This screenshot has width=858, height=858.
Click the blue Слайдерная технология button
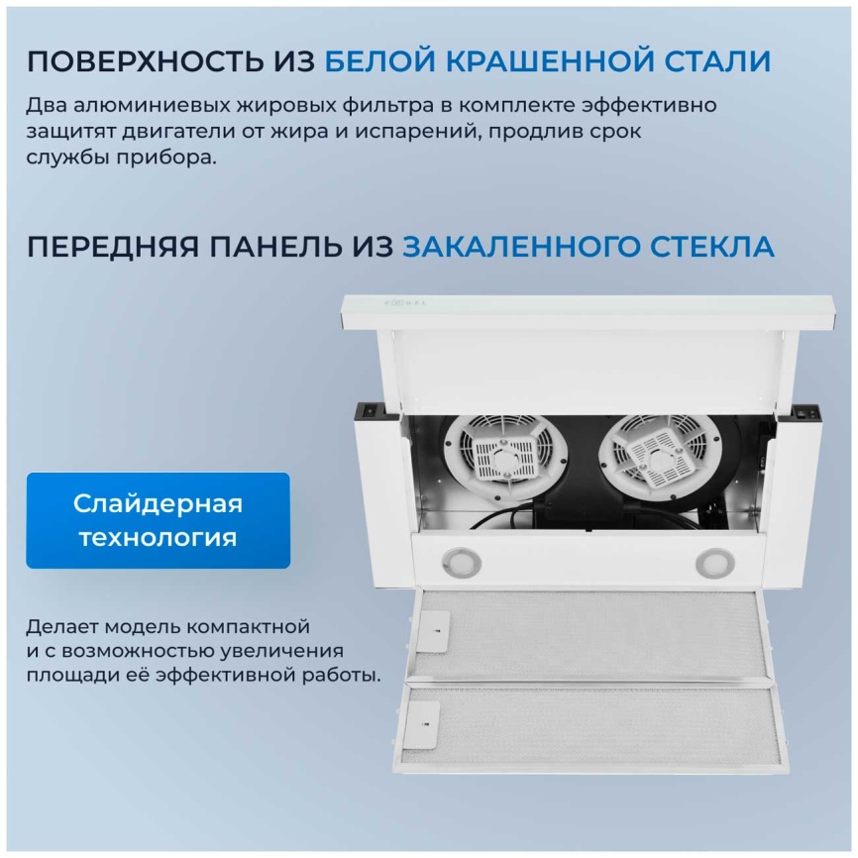click(x=158, y=520)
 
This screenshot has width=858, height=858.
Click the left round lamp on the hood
click(x=460, y=563)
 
